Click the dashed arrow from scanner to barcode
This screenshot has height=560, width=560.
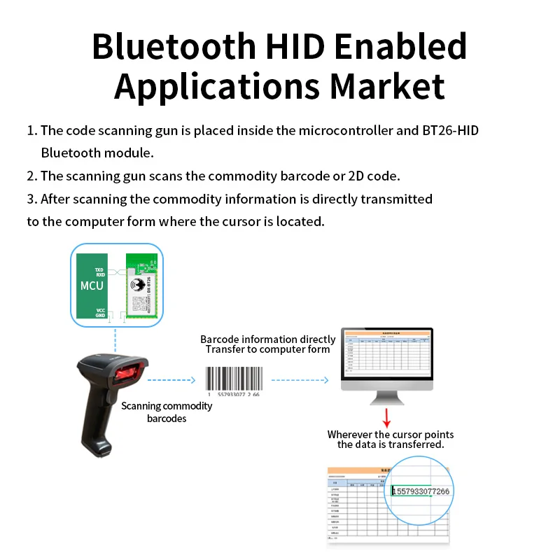coord(171,381)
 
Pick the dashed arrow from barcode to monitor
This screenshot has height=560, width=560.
coord(300,381)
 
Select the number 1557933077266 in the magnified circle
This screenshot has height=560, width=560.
coord(421,491)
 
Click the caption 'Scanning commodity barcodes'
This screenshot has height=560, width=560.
coord(167,412)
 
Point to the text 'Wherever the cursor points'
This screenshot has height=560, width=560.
coord(390,435)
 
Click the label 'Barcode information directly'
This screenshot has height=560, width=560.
coord(268,339)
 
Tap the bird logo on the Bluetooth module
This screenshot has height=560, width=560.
coord(136,284)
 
